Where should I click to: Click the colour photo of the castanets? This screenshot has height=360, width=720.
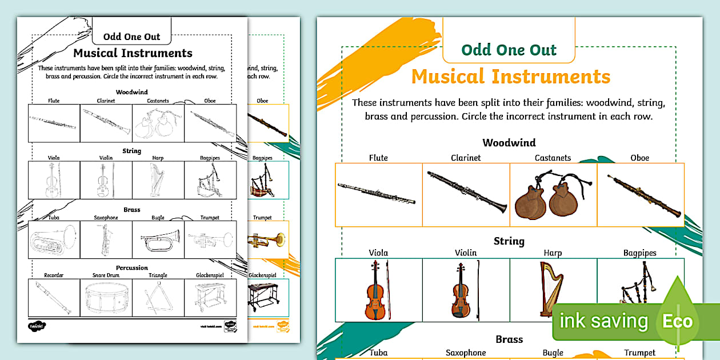point(553,198)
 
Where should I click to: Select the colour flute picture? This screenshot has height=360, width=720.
point(377,194)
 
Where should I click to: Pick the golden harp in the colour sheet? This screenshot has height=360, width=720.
point(551,289)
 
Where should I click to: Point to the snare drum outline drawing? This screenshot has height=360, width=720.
point(106,298)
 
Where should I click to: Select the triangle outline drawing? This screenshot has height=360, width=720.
point(158,298)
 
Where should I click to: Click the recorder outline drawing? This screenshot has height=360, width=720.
point(54,298)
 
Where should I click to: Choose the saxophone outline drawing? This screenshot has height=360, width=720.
point(106,239)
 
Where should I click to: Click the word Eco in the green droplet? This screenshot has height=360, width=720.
point(677,321)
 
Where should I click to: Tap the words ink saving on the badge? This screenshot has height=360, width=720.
point(603,321)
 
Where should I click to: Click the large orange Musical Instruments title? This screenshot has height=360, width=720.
point(510,77)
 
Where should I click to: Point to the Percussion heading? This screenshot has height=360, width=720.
point(132,267)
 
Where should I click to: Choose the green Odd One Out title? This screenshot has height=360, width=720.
point(509,50)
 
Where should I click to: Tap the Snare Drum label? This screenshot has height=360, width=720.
point(106,275)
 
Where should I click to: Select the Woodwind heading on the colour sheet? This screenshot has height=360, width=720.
point(509,143)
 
